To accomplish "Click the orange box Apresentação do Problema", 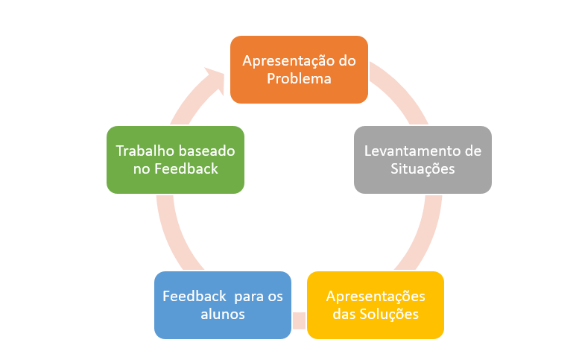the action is (x=299, y=69).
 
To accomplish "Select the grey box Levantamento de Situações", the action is (x=423, y=160).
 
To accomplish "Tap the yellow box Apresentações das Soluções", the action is (x=376, y=305).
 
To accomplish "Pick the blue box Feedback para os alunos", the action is (x=223, y=305).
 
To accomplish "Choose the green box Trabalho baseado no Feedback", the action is (x=175, y=160).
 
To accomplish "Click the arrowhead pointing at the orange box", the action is (x=216, y=80).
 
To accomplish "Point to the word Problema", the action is (x=299, y=79).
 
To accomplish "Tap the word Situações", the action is (x=423, y=169).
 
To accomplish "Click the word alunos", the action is (x=223, y=315).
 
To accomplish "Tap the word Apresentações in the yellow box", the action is (x=376, y=297).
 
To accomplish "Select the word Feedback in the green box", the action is (x=186, y=169).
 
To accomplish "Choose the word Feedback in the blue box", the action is (x=194, y=296).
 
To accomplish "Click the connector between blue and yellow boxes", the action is (x=299, y=320).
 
